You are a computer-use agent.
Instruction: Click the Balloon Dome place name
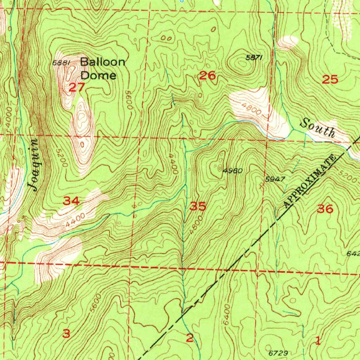103,69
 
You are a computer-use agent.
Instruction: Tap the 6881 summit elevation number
62,63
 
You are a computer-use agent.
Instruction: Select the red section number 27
77,88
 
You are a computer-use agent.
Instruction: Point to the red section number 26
207,75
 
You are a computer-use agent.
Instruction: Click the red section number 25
330,80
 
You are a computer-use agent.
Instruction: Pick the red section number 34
71,201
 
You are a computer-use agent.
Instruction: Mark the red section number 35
198,206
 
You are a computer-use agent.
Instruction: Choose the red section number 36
325,209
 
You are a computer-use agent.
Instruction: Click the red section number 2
190,338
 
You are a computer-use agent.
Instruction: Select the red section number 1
318,340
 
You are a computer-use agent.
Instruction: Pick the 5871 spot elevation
254,58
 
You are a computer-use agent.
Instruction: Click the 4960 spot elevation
233,171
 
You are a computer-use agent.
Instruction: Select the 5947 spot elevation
275,179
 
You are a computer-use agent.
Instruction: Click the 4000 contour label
9,119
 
